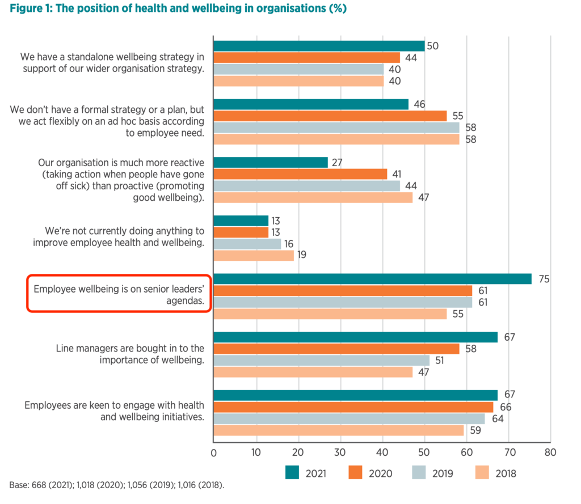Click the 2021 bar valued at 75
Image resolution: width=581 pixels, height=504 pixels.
[372, 278]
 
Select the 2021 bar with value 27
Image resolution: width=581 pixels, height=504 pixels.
[270, 162]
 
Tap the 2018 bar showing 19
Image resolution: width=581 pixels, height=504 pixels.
[253, 255]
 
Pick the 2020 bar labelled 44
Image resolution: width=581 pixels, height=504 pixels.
[306, 57]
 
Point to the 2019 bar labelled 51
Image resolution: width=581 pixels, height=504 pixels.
[321, 360]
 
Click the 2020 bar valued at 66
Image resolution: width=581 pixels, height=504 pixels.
[353, 406]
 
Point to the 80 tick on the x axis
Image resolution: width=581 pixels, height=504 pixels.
[550, 452]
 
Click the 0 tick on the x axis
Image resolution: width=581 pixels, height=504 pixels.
[213, 452]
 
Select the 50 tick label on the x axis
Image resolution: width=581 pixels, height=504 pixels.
[424, 452]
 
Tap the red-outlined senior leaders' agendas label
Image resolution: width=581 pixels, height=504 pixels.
[119, 294]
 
